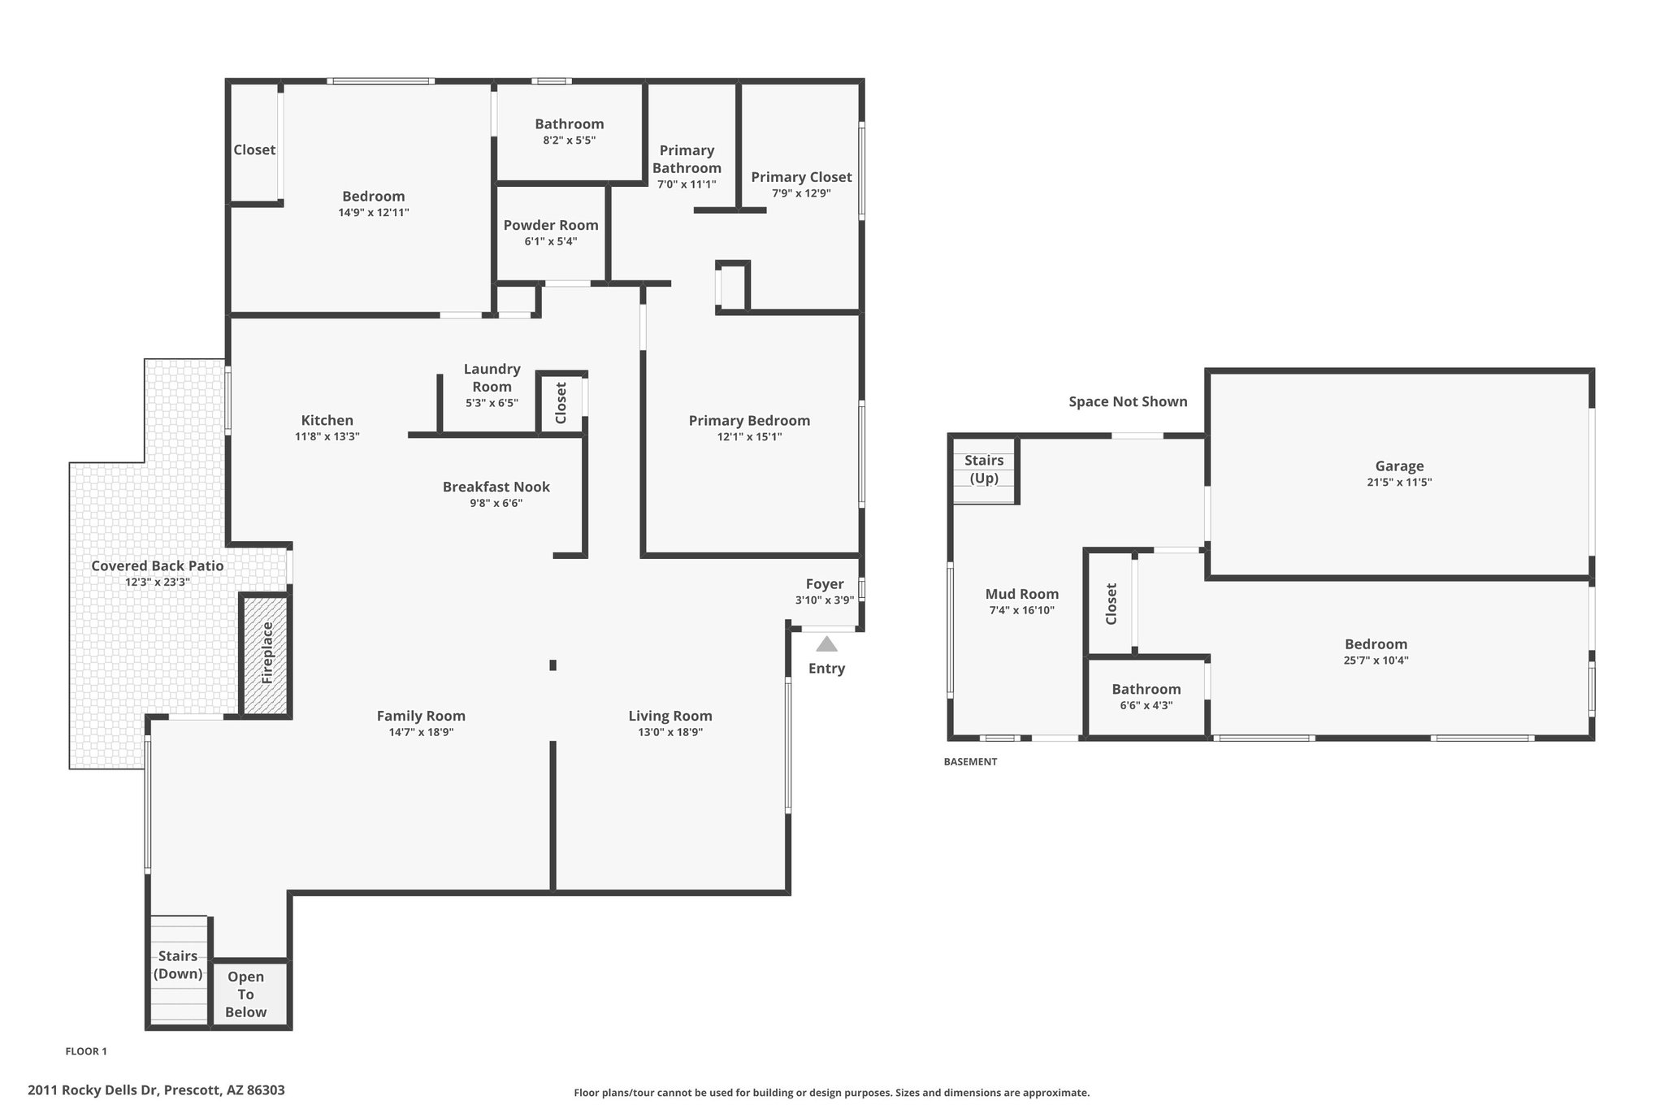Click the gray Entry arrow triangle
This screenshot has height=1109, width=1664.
coord(826,644)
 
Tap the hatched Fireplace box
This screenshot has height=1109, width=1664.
coord(266,655)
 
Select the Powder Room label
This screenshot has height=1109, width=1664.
coord(551,225)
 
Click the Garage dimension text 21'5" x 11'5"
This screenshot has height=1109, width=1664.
coord(1399,482)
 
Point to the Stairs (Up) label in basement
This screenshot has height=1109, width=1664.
coord(984,469)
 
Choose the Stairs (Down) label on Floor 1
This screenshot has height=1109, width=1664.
coord(178,964)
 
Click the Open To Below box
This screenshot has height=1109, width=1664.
coord(249,994)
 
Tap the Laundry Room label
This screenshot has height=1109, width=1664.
coord(492,378)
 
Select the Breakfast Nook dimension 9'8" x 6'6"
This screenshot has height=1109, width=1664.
coord(496,503)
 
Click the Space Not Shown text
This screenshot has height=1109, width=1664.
coord(1128,401)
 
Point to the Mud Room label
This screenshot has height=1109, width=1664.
coord(1022,594)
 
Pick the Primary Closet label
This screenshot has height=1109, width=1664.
coord(801,177)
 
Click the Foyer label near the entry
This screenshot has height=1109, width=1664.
coord(825,584)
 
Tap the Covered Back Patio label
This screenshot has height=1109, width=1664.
coord(158,565)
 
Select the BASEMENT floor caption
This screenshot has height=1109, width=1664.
coord(970,762)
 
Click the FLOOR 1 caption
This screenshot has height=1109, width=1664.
coord(86,1051)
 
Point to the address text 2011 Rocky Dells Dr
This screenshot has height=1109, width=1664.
coord(94,1090)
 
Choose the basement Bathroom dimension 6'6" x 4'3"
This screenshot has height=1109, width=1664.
coord(1146,705)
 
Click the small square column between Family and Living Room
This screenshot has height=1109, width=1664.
coord(553,665)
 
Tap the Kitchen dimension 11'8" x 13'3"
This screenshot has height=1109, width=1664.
coord(327,436)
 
